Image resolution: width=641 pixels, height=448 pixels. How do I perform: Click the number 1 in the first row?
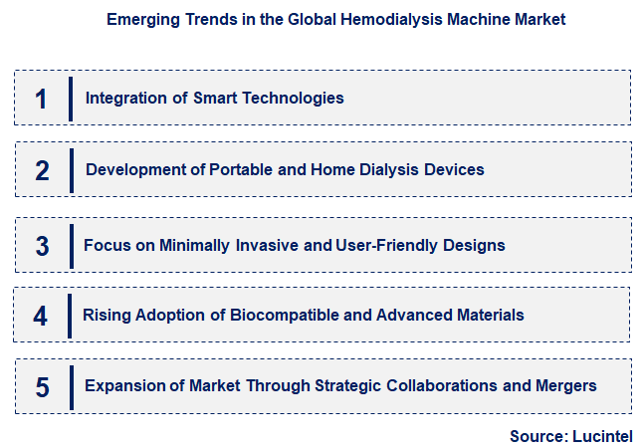click(41, 99)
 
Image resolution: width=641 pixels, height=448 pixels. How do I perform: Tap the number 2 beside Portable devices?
click(42, 170)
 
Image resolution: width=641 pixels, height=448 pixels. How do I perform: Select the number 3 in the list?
click(42, 246)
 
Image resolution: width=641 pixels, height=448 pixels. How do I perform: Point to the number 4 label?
click(41, 317)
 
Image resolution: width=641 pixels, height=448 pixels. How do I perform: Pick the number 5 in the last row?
click(42, 387)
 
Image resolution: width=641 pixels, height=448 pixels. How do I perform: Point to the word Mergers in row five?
click(565, 385)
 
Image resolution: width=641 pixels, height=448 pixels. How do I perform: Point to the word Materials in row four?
click(488, 316)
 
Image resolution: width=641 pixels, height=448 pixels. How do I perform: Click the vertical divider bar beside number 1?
click(71, 98)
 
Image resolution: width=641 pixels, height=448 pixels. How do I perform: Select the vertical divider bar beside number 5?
click(71, 386)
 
